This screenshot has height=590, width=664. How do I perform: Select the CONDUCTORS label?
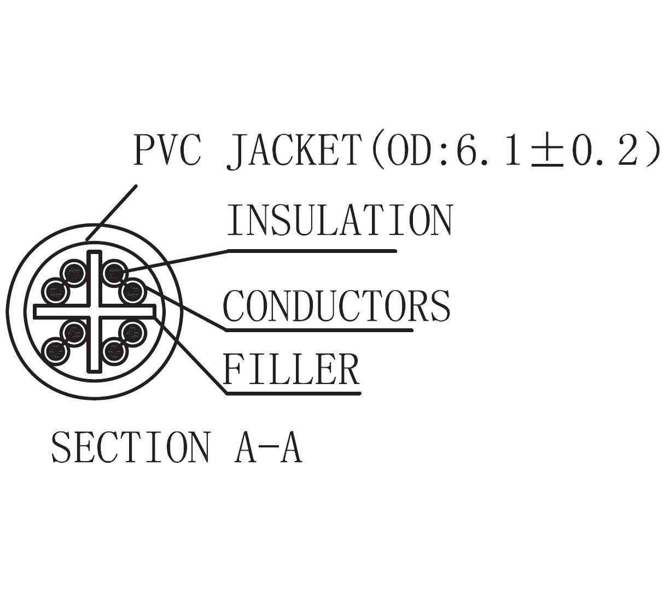tap(336, 306)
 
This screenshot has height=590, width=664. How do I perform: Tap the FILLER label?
tap(291, 370)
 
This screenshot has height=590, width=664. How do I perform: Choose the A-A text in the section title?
tap(268, 447)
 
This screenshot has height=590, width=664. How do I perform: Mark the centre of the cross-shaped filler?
tap(95, 311)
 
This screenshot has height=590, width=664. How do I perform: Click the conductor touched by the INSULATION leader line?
tap(114, 273)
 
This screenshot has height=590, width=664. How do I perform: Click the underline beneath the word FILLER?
tap(293, 393)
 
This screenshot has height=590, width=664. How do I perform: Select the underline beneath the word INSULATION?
tap(312, 251)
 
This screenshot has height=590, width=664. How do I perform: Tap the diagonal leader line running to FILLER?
tap(191, 355)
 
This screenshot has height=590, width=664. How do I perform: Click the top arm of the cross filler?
tap(95, 276)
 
